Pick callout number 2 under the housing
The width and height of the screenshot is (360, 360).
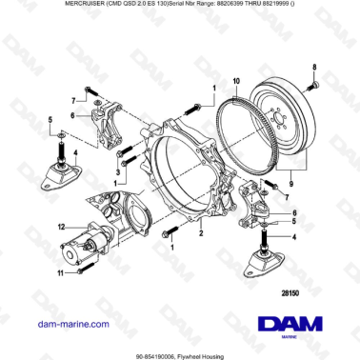click(x=201, y=230)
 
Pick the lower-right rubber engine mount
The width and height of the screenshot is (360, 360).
click(x=259, y=263)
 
